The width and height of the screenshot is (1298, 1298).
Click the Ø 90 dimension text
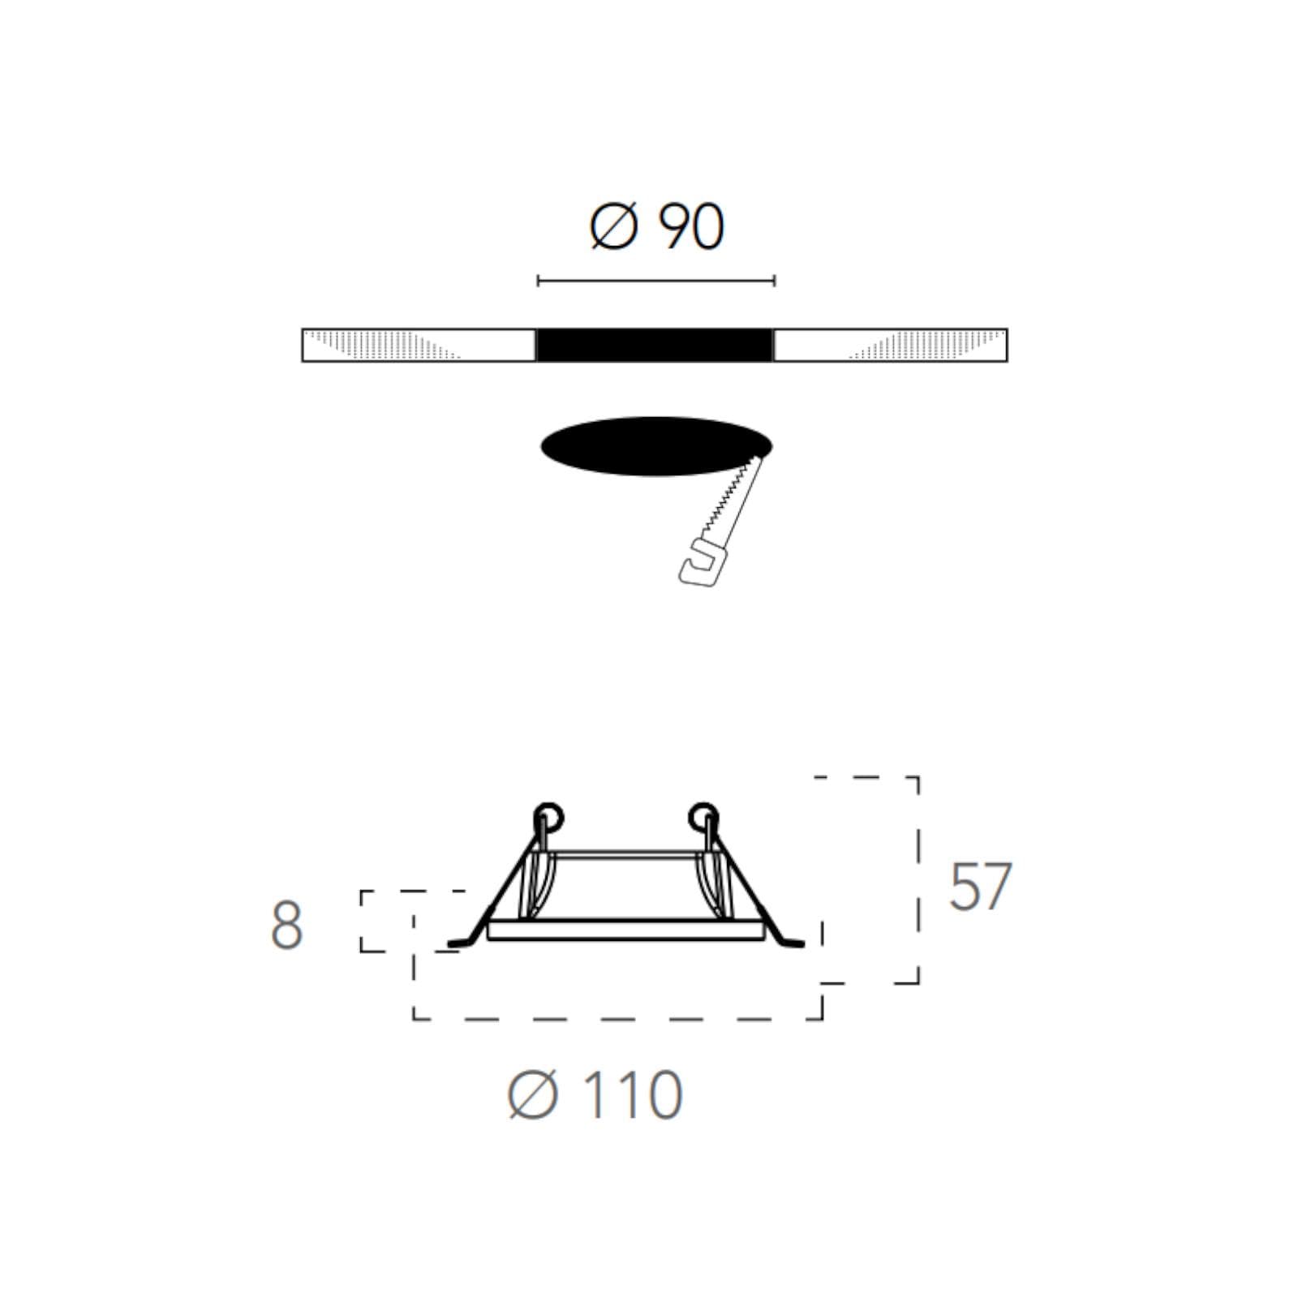click(657, 227)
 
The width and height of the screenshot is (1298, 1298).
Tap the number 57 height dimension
click(981, 886)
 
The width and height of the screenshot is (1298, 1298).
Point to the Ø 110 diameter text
click(595, 1095)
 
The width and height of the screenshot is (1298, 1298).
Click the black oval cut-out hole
click(655, 446)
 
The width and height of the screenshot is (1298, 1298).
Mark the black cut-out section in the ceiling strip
click(655, 345)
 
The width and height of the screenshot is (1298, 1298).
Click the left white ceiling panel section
click(419, 345)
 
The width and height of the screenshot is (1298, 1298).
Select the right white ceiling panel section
click(891, 345)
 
